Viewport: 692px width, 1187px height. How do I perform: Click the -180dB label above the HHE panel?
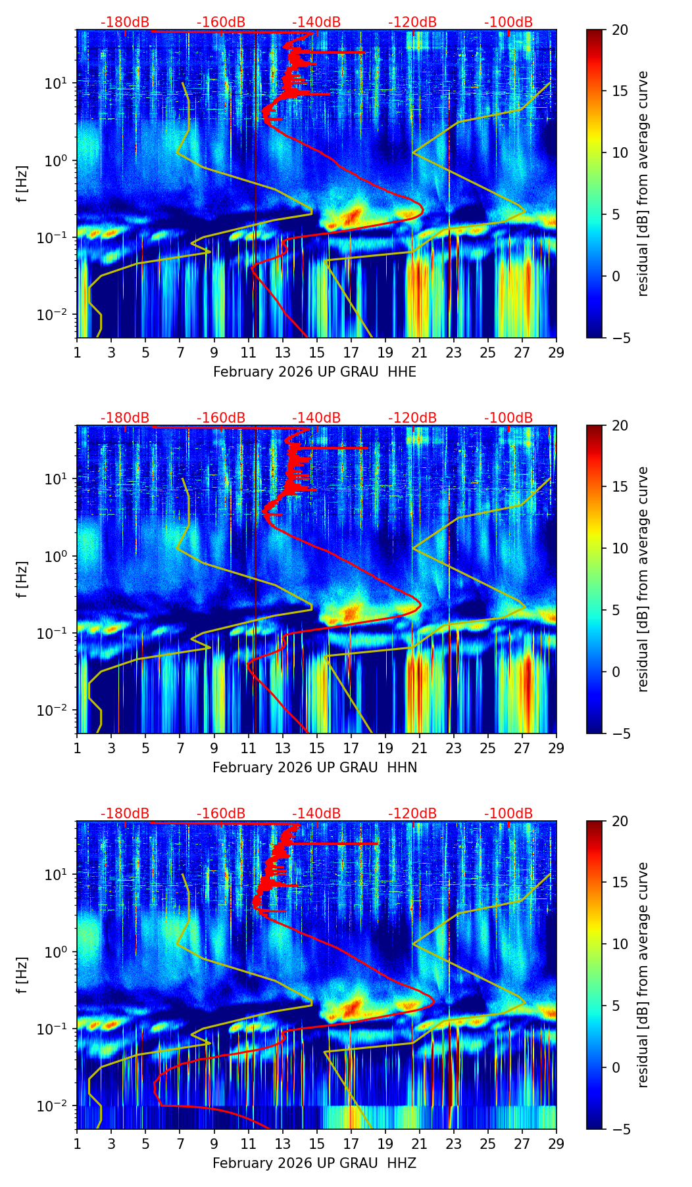(125, 22)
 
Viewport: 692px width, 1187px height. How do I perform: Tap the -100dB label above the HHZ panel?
(508, 814)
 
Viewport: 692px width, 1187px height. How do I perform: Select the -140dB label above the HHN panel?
(316, 418)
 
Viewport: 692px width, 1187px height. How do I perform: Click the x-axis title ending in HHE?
(314, 372)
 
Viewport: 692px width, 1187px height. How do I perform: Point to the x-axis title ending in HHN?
(314, 768)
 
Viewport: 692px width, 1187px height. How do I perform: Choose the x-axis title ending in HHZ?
(314, 1163)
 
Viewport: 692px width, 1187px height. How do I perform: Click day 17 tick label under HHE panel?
(351, 352)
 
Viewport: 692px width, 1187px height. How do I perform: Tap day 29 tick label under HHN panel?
(556, 748)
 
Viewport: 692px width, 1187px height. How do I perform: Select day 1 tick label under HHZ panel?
(78, 1144)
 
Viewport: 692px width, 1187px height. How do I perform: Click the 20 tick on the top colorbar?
(620, 30)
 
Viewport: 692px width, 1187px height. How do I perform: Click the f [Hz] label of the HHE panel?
(23, 184)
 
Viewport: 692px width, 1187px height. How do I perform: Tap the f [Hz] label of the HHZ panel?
(23, 975)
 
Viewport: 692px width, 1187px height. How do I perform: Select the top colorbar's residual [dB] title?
(643, 184)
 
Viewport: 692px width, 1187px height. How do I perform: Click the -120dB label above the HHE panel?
(412, 22)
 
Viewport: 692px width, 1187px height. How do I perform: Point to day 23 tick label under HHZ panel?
(454, 1144)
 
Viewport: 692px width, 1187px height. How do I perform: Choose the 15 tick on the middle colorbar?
(620, 487)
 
